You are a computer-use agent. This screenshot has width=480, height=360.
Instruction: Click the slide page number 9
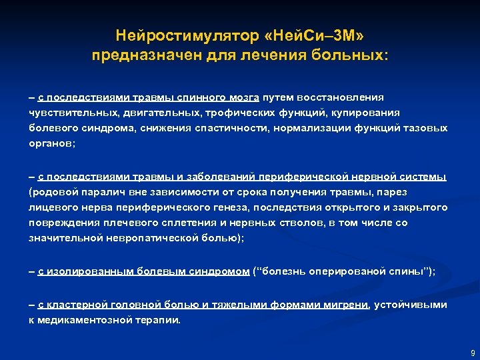pyautogui.click(x=472, y=352)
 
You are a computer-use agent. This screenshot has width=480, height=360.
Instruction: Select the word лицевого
pyautogui.click(x=51, y=207)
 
